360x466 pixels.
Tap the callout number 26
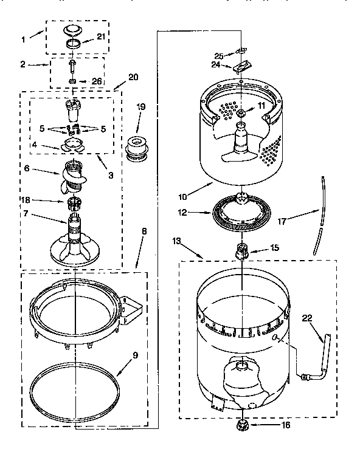[96, 81]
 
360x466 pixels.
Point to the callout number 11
[261, 106]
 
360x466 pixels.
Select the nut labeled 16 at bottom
[242, 427]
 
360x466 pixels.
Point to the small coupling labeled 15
[242, 249]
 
